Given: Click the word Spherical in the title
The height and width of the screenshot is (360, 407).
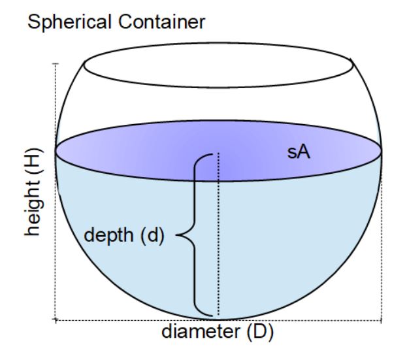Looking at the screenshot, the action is [70, 23].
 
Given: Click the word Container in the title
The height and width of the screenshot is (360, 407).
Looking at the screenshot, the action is [162, 22].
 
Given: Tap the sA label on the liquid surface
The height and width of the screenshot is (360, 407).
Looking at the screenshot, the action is [299, 152].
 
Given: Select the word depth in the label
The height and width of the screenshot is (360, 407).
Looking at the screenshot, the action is [108, 236].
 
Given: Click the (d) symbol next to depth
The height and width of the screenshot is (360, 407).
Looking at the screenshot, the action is [152, 235].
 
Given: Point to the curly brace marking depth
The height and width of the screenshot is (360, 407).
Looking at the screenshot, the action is [195, 235].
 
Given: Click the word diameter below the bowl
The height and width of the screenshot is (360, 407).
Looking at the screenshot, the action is [201, 332].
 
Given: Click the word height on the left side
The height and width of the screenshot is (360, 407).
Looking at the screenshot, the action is [33, 201].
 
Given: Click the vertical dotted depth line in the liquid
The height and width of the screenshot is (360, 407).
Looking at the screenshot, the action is [219, 234].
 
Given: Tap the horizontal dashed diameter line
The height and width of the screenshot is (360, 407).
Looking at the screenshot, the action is [218, 320].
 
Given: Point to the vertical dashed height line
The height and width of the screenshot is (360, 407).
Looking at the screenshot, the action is [55, 191].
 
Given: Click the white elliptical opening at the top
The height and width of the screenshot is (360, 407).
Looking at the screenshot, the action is [218, 65].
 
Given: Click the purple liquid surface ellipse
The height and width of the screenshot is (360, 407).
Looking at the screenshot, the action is [218, 151].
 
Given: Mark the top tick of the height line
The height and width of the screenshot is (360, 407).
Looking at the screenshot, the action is [55, 63].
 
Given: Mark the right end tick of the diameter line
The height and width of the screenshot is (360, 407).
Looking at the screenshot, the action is [382, 320].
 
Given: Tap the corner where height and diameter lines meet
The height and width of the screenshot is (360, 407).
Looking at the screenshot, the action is [55, 319].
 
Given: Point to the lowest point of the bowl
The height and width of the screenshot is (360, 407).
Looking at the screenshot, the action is [218, 319].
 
